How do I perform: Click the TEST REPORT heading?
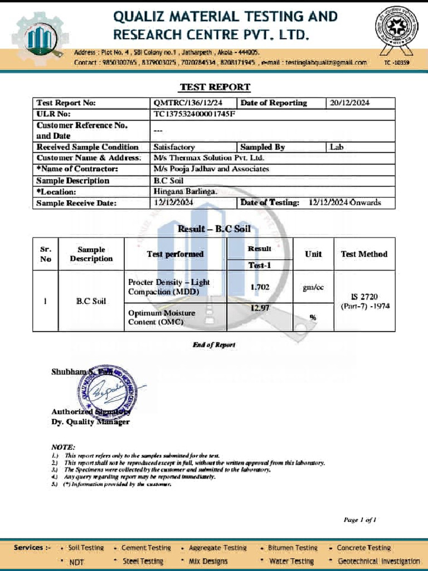(215, 87)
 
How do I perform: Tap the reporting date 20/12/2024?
(349, 103)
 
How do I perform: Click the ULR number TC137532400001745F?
(194, 114)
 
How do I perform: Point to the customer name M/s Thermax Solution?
(208, 158)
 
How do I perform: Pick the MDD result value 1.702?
(260, 287)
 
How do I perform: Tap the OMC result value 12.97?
(260, 308)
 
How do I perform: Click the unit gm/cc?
(313, 287)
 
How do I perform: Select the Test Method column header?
(364, 254)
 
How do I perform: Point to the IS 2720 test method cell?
(364, 301)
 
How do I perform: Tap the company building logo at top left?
(38, 38)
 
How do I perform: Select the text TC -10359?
(396, 63)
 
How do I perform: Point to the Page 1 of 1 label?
(360, 520)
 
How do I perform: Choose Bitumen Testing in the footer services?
(292, 548)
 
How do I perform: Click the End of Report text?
(214, 345)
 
